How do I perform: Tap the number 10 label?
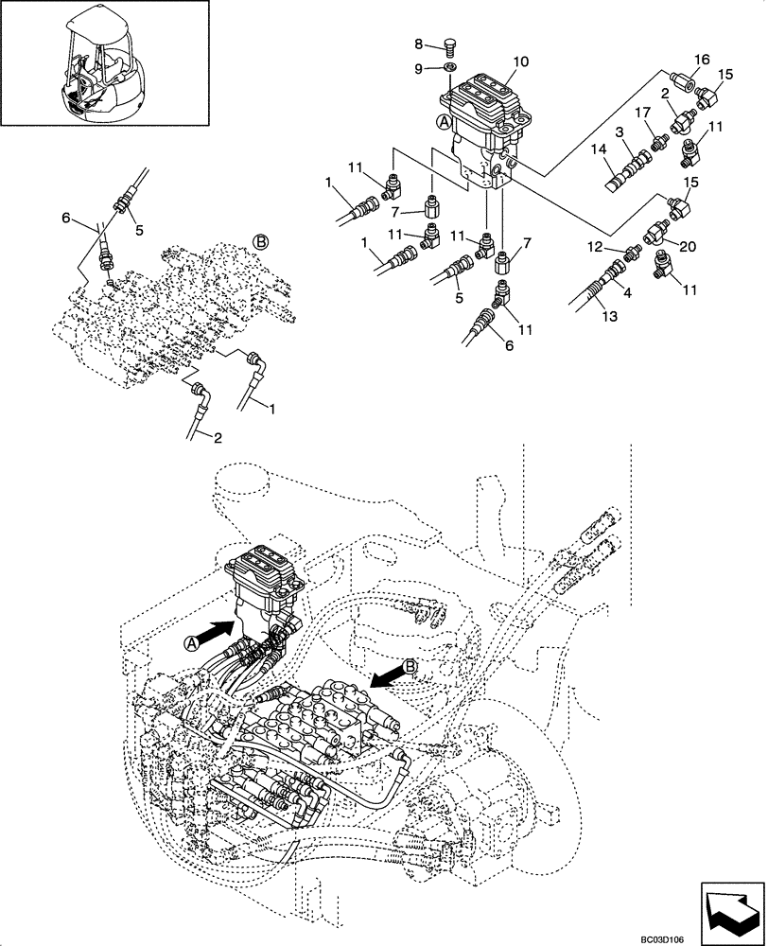click(520, 62)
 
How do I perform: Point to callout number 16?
click(702, 60)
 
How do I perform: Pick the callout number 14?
click(599, 149)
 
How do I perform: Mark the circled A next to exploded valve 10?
click(444, 122)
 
